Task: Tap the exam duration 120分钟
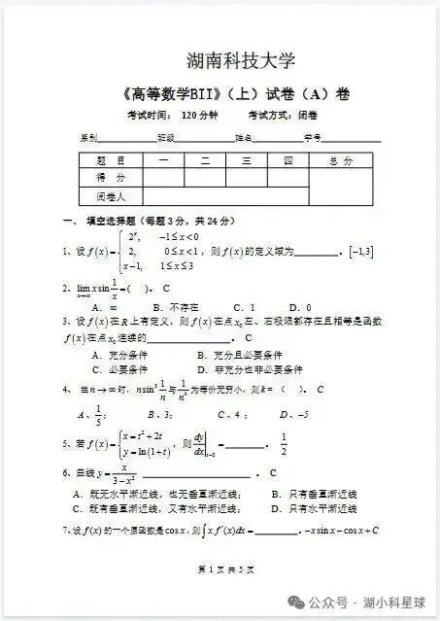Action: click(200, 116)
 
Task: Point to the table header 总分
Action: click(341, 160)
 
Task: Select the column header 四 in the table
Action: click(288, 160)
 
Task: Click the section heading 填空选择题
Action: click(114, 221)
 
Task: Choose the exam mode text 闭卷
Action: click(308, 116)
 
